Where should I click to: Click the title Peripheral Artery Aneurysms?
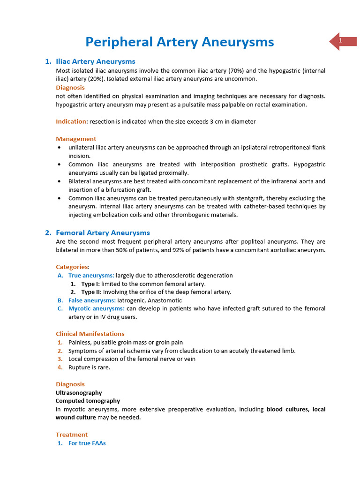click(x=180, y=42)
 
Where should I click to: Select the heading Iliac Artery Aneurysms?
click(x=95, y=61)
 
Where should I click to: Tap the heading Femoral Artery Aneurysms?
click(x=103, y=232)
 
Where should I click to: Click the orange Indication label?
click(x=71, y=121)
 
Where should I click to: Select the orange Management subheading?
click(x=76, y=139)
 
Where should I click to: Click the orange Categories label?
click(x=72, y=267)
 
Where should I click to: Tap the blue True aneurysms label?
click(x=91, y=275)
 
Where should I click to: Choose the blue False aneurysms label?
click(x=92, y=300)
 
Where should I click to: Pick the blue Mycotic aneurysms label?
click(x=96, y=308)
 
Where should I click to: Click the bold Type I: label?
click(x=90, y=284)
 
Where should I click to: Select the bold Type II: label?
click(x=91, y=292)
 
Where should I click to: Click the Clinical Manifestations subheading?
click(x=90, y=334)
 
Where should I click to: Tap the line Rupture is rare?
click(x=89, y=367)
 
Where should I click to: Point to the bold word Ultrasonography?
click(x=79, y=392)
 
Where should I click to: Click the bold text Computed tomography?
click(x=88, y=401)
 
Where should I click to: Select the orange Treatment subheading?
click(x=72, y=435)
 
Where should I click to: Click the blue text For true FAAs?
click(x=87, y=443)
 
